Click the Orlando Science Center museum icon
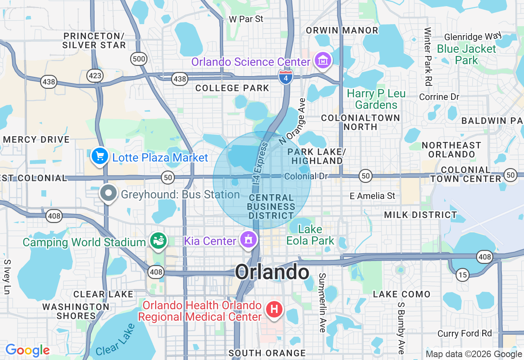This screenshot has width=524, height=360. tap(323, 61)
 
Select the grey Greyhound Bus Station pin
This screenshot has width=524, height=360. tap(109, 193)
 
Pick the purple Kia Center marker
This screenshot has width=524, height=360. tap(248, 240)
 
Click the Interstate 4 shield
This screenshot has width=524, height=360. tap(286, 76)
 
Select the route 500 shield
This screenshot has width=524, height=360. tap(139, 59)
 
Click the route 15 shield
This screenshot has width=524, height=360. tap(463, 275)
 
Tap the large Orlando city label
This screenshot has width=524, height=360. tap(272, 272)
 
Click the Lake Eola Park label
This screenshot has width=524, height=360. tap(310, 235)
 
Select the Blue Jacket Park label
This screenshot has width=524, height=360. tap(466, 54)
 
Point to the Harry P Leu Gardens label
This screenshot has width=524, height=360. tap(376, 99)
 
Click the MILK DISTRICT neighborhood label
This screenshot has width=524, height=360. tap(420, 215)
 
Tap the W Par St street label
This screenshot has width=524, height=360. tap(246, 19)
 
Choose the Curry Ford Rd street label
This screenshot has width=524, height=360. tap(465, 333)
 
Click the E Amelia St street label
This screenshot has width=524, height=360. tap(373, 196)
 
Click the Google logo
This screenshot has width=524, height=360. tap(27, 350)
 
